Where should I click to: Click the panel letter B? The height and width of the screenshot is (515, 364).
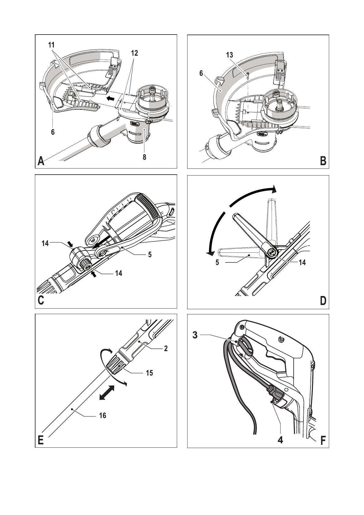pyautogui.click(x=323, y=161)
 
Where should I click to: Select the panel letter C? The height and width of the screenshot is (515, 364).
pyautogui.click(x=41, y=300)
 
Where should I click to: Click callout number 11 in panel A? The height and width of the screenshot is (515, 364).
pyautogui.click(x=51, y=45)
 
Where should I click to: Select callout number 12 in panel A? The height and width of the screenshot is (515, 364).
pyautogui.click(x=135, y=53)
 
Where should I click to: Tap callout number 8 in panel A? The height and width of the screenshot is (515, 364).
pyautogui.click(x=144, y=157)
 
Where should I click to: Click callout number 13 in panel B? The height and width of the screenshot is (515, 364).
pyautogui.click(x=229, y=55)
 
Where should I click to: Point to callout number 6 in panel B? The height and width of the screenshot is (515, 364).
pyautogui.click(x=201, y=73)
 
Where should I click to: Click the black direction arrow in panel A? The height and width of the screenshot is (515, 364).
pyautogui.click(x=111, y=98)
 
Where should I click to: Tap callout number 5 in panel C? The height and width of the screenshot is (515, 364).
pyautogui.click(x=150, y=254)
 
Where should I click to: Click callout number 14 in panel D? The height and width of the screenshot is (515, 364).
pyautogui.click(x=302, y=262)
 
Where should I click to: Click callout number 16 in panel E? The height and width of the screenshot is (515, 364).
pyautogui.click(x=102, y=415)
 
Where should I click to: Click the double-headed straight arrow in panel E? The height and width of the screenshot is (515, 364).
pyautogui.click(x=107, y=392)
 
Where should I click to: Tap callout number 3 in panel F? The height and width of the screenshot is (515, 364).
pyautogui.click(x=195, y=335)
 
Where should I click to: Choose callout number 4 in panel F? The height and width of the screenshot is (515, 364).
pyautogui.click(x=280, y=440)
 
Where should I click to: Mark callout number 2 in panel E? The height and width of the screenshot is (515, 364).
pyautogui.click(x=166, y=349)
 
